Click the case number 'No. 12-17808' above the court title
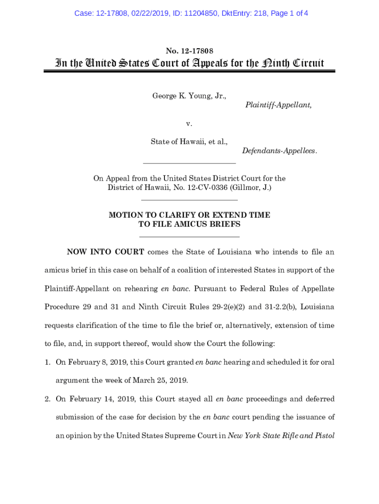pyautogui.click(x=189, y=51)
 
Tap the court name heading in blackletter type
pyautogui.click(x=189, y=63)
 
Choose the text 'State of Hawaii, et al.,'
pyautogui.click(x=189, y=142)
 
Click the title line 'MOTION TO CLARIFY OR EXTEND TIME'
pyautogui.click(x=189, y=215)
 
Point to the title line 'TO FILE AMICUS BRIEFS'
pyautogui.click(x=189, y=224)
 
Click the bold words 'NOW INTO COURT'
pyautogui.click(x=105, y=252)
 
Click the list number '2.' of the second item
pyautogui.click(x=48, y=399)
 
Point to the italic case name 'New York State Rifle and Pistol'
pyautogui.click(x=282, y=435)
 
